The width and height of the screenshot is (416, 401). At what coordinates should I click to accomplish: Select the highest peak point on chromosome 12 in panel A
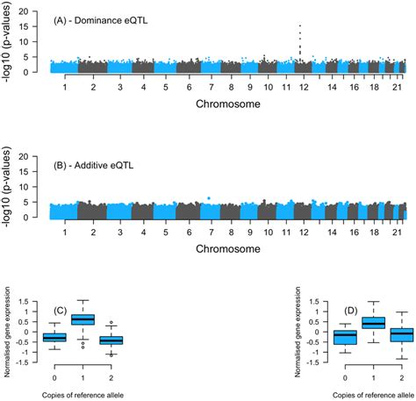coord(300,26)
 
